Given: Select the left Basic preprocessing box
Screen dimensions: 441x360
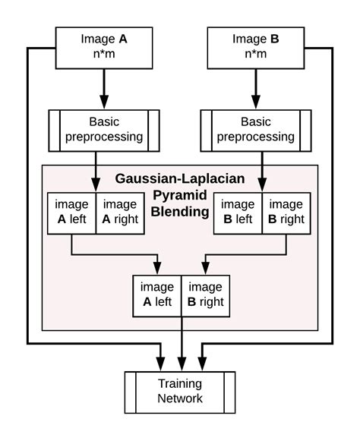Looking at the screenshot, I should coord(104,130).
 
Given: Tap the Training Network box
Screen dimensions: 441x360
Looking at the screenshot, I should coord(180,391).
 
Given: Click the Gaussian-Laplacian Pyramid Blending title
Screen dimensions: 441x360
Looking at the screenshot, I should coord(180,194).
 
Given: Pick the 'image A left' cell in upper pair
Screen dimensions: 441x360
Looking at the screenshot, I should coord(71,213).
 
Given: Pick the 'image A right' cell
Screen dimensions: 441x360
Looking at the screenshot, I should coord(120,213).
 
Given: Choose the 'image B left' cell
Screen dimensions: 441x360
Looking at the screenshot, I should coord(238,213).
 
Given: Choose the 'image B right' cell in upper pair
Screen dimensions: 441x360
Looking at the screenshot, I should coord(286,213).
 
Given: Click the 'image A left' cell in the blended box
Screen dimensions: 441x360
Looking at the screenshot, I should coord(156,295).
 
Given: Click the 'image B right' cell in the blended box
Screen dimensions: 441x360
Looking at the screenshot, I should coord(205,295).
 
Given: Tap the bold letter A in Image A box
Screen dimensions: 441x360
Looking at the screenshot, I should coord(124,39).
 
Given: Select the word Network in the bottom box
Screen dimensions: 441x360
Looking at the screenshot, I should coord(180,398).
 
